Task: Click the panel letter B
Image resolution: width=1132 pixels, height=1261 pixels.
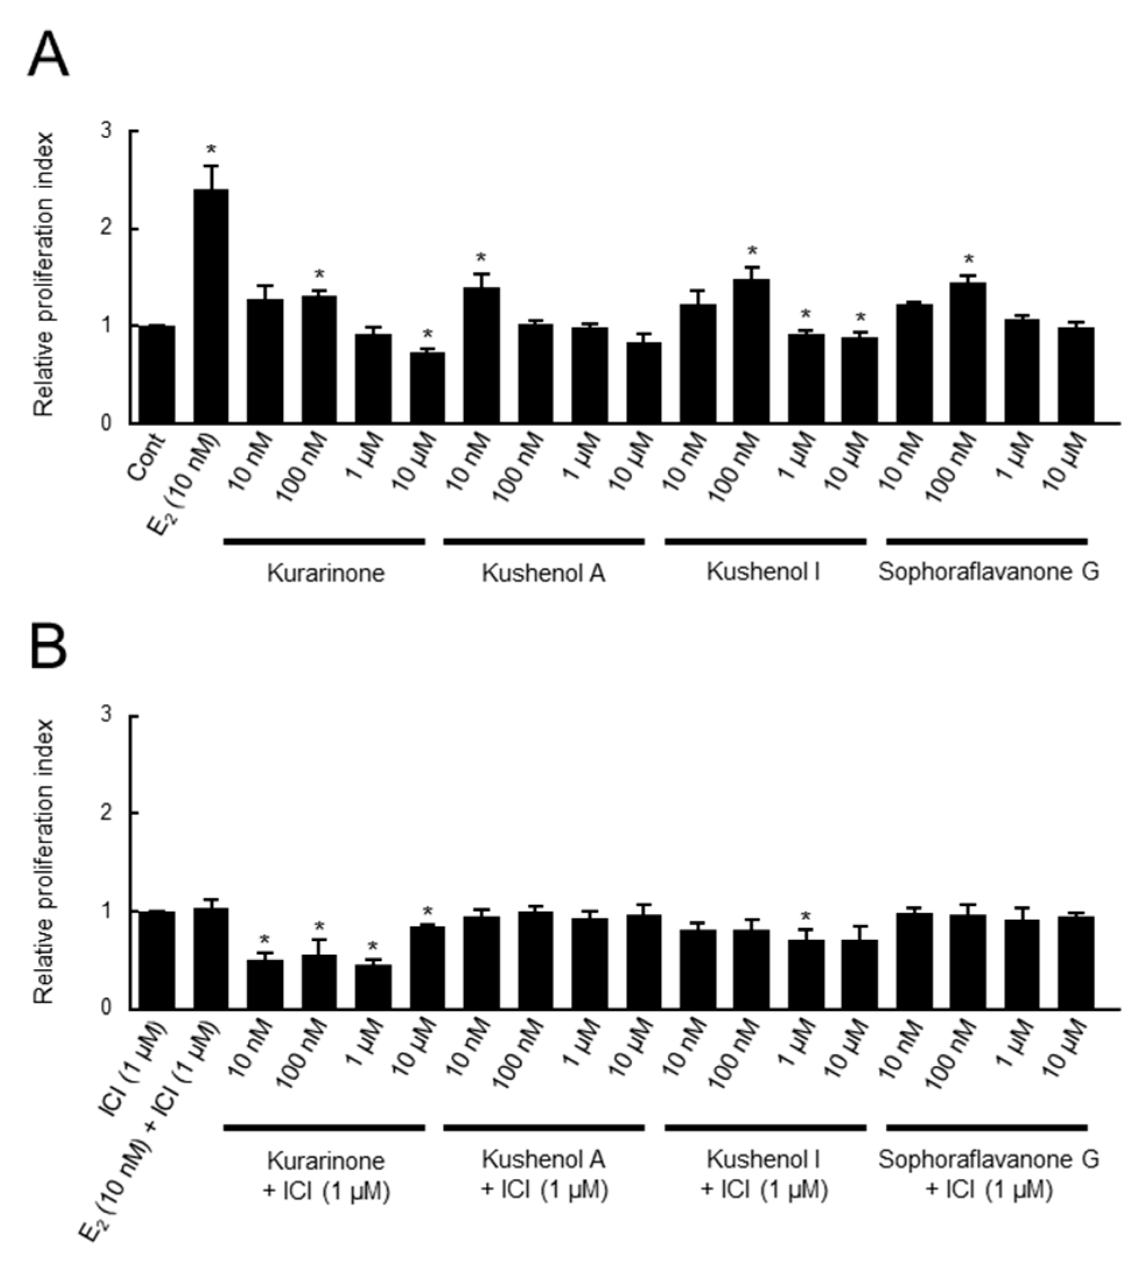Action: click(x=48, y=647)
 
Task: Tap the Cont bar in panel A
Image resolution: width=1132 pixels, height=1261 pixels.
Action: click(x=157, y=374)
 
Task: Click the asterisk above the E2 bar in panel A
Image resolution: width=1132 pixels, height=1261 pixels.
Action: click(x=212, y=150)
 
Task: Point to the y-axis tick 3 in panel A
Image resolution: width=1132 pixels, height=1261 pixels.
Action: click(x=107, y=131)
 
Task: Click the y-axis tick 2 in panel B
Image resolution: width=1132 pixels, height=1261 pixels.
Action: click(x=107, y=813)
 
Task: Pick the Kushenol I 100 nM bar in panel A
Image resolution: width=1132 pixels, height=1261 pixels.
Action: click(x=752, y=351)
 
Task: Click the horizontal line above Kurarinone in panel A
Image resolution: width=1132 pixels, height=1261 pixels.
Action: click(x=324, y=542)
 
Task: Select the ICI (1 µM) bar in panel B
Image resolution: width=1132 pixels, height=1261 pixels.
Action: click(x=157, y=960)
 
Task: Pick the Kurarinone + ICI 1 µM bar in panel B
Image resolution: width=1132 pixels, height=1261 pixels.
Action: click(x=373, y=987)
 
